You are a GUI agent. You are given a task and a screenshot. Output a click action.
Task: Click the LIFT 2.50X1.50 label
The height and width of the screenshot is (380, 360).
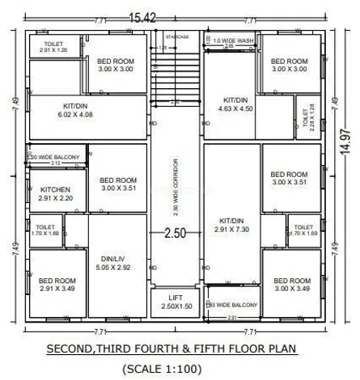176,302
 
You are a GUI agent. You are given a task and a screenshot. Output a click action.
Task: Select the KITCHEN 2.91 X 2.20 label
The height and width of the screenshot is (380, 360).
55,193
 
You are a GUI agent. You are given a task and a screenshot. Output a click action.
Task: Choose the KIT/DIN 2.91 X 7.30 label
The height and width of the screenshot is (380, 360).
232,225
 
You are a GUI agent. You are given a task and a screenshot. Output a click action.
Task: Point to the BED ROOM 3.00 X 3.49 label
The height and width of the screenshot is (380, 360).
289,284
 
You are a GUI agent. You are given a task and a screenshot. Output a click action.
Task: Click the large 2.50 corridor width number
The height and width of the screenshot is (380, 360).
176,234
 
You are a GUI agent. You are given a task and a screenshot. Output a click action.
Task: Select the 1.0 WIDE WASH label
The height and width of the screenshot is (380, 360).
232,40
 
